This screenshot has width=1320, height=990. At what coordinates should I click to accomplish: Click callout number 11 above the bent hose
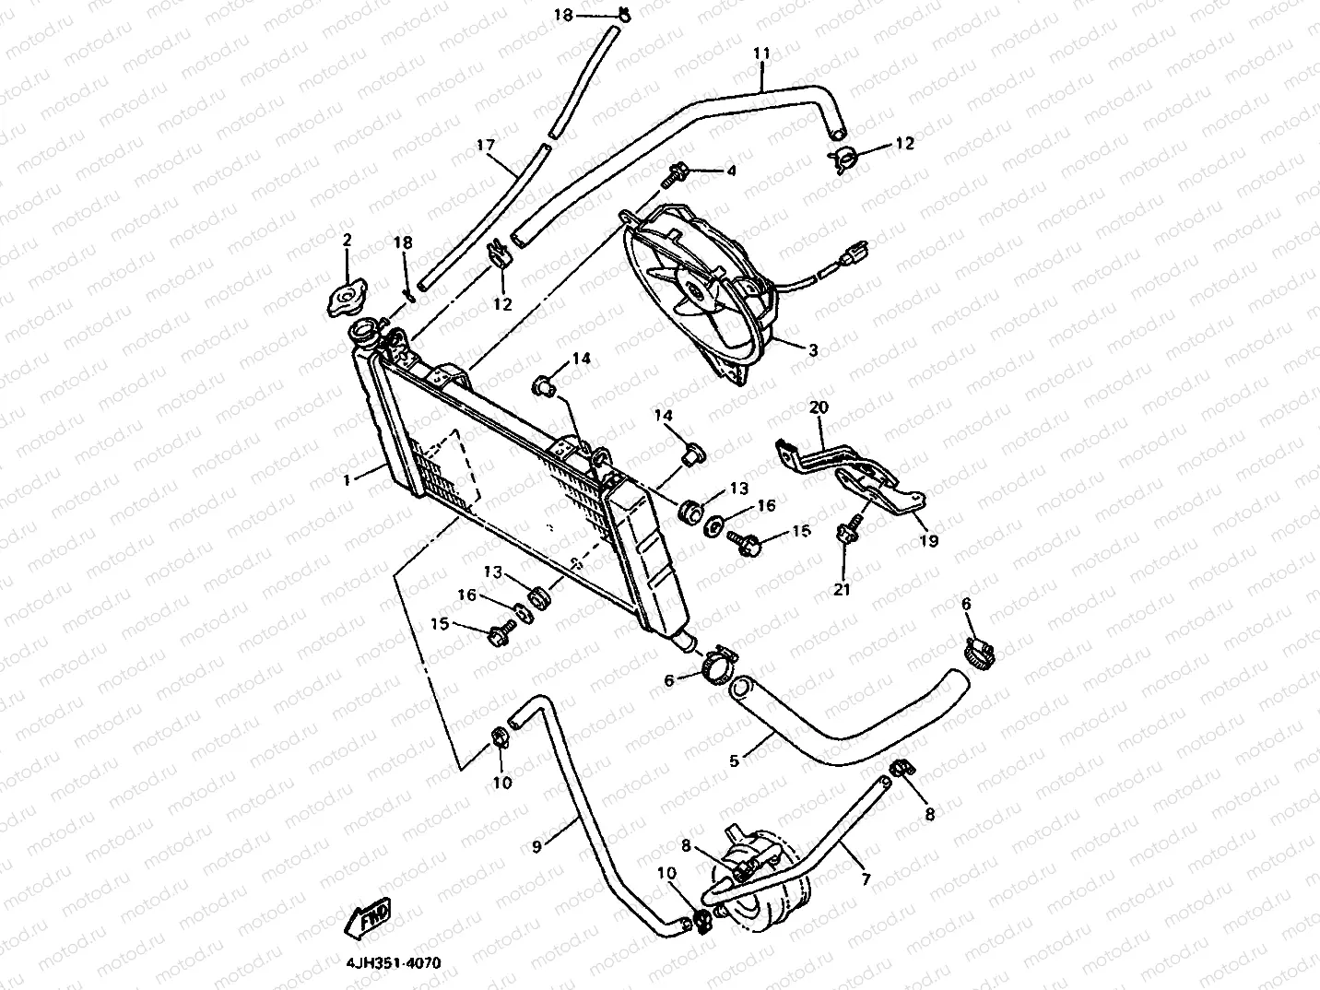point(761,54)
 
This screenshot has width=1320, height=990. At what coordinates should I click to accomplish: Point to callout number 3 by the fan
point(813,350)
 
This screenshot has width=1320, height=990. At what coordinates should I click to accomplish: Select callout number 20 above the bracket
point(819,407)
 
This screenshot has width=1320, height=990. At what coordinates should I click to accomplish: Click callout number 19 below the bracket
point(929,541)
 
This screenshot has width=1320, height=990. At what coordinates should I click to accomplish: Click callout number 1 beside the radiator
point(348,479)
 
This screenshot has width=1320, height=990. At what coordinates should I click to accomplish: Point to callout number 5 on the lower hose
point(735,760)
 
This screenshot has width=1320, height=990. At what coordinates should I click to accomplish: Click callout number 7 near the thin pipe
point(866,879)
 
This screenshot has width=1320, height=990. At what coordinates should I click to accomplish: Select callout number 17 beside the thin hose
point(486,145)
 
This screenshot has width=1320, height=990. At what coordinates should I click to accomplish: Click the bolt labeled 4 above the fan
point(680,171)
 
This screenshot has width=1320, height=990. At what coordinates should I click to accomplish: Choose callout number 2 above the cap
point(348,241)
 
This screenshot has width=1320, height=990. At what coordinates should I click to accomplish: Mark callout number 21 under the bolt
point(843,589)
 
